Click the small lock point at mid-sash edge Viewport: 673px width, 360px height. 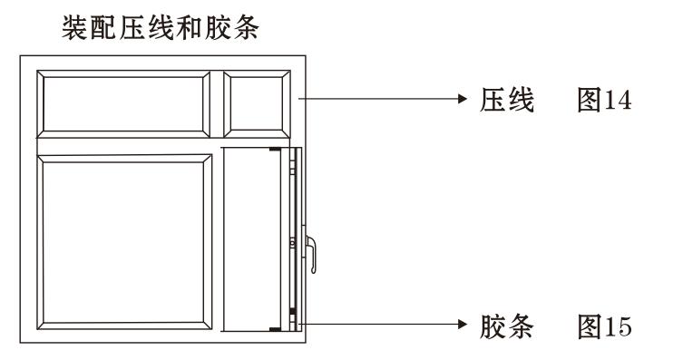pyautogui.click(x=291, y=243)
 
